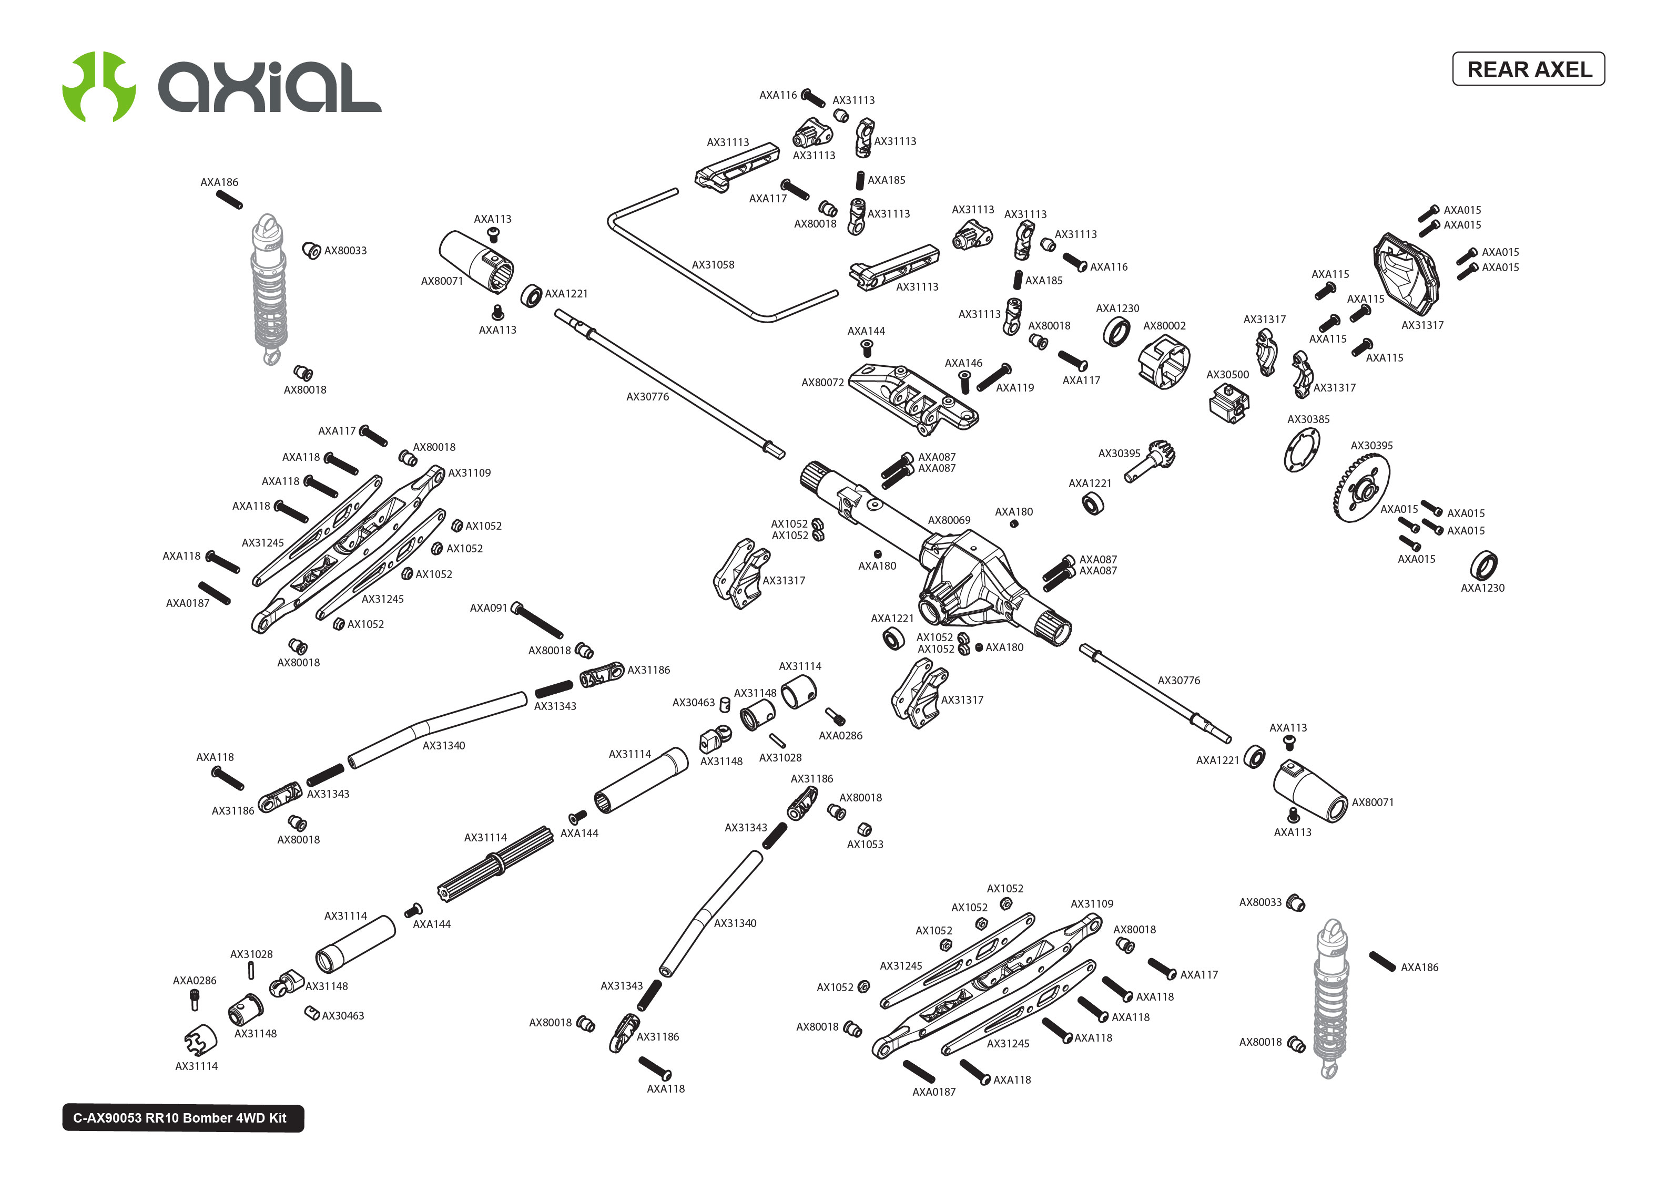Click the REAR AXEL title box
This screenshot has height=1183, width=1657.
1528,69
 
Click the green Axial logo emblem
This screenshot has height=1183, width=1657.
98,86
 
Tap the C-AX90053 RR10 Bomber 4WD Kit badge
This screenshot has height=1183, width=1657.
182,1117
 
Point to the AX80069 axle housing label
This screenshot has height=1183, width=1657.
948,520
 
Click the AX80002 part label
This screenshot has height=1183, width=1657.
1164,326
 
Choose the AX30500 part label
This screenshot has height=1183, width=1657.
1227,374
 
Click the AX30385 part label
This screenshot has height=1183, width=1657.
1308,419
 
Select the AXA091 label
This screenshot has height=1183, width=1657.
487,608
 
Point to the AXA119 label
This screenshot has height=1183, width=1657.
1014,387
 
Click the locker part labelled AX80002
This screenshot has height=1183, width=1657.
1164,362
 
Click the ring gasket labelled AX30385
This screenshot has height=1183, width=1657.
1302,450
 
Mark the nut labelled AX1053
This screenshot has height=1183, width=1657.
864,829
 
